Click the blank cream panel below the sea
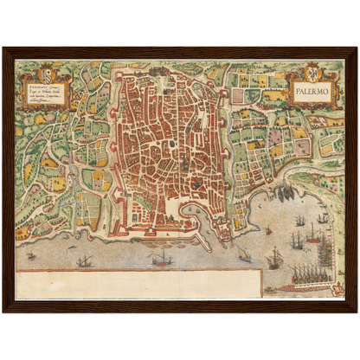point(138,282)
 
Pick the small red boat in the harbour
point(268,230)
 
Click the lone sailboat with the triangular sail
point(244,255)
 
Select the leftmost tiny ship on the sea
point(33,255)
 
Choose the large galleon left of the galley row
point(275,257)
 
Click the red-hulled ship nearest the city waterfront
point(161,258)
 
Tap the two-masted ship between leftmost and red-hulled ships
point(85,260)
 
